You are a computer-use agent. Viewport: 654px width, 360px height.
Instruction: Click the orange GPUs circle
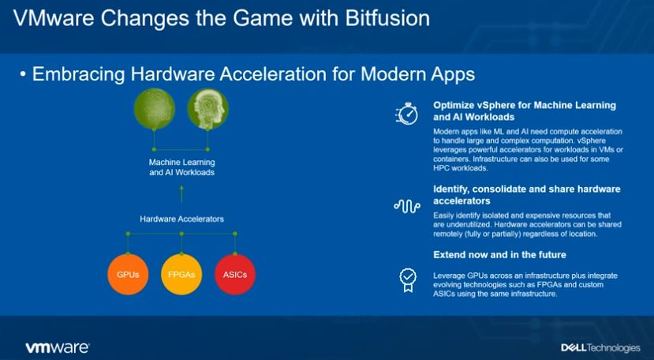tap(128, 275)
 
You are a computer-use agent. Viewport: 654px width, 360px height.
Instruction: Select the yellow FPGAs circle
tap(181, 275)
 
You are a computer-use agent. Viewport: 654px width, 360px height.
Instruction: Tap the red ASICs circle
tap(235, 275)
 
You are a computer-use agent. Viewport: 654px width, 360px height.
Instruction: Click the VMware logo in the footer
tap(57, 347)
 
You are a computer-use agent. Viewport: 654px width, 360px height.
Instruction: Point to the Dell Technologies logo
tap(600, 347)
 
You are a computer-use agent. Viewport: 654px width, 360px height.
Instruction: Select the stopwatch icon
tap(406, 114)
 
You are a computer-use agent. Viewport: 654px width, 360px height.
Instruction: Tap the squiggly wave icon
tap(406, 206)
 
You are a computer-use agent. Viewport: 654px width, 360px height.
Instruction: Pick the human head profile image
tap(207, 108)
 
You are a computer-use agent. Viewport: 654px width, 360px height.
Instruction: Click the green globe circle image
tap(155, 108)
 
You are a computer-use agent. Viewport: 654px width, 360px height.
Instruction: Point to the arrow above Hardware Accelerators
tap(181, 193)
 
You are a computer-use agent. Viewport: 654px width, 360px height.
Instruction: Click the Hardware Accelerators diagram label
tap(182, 219)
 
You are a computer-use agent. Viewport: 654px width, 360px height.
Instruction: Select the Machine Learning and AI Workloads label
tap(182, 167)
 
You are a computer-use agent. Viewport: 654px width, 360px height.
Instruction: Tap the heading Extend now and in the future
tap(499, 255)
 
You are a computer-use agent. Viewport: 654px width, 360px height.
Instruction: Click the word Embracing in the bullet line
tap(78, 74)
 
